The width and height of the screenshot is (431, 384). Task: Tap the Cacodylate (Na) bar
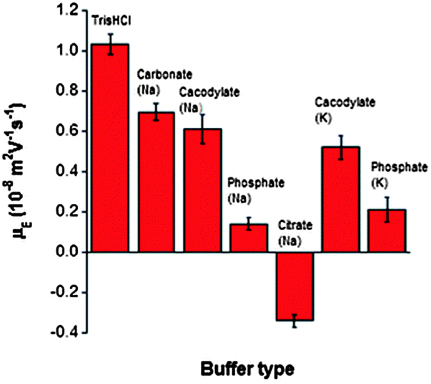pyautogui.click(x=202, y=190)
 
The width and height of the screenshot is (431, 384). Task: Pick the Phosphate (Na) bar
pyautogui.click(x=248, y=238)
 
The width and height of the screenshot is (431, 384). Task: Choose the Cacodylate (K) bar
pyautogui.click(x=341, y=199)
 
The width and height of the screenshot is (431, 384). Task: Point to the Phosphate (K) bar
pyautogui.click(x=387, y=231)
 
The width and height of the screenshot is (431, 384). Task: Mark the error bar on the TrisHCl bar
pyautogui.click(x=110, y=44)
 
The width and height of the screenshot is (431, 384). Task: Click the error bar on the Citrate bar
pyautogui.click(x=294, y=321)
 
